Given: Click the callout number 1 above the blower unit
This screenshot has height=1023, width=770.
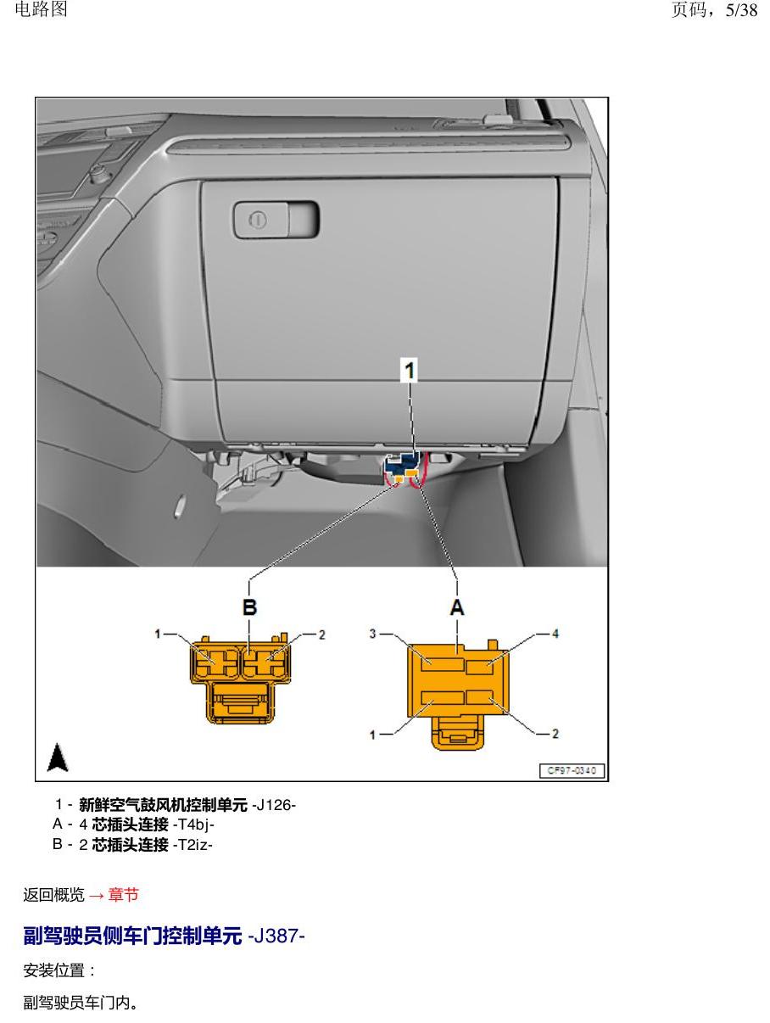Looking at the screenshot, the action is pyautogui.click(x=409, y=371).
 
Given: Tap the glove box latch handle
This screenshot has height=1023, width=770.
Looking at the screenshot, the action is pyautogui.click(x=276, y=220).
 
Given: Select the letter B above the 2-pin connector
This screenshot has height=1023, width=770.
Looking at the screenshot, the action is pyautogui.click(x=249, y=607).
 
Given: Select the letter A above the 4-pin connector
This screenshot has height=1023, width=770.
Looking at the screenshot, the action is pyautogui.click(x=457, y=607).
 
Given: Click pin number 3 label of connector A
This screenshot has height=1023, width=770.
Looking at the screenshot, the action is pyautogui.click(x=372, y=634).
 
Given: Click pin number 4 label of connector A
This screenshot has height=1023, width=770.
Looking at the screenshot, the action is pyautogui.click(x=555, y=634).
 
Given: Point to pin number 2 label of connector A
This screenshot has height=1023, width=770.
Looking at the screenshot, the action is pyautogui.click(x=555, y=734).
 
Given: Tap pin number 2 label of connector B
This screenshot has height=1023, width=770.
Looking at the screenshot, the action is pyautogui.click(x=321, y=634).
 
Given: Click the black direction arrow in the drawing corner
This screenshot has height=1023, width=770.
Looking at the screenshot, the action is pyautogui.click(x=58, y=757).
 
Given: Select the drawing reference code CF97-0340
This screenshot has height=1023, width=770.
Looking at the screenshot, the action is pyautogui.click(x=572, y=770).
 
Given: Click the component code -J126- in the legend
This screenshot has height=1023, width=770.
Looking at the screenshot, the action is pyautogui.click(x=273, y=805).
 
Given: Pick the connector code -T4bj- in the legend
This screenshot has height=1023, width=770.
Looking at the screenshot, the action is pyautogui.click(x=193, y=825).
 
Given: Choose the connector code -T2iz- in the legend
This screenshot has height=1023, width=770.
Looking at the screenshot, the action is pyautogui.click(x=192, y=844).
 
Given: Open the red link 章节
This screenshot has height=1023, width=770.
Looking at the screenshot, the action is pyautogui.click(x=124, y=894).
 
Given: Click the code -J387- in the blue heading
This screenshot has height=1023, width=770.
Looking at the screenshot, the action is pyautogui.click(x=276, y=936).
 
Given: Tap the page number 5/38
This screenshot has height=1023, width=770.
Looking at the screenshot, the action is pyautogui.click(x=741, y=10).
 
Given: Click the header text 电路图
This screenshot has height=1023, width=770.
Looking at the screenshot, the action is pyautogui.click(x=41, y=9).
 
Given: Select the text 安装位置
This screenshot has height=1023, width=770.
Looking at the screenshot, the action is pyautogui.click(x=53, y=970).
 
